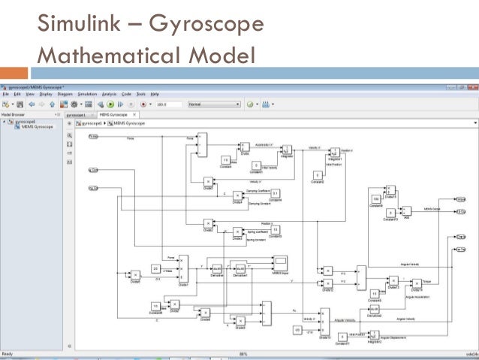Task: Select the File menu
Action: (5, 94)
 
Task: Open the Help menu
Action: (155, 94)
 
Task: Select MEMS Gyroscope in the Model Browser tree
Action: (37, 127)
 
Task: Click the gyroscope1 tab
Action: (77, 114)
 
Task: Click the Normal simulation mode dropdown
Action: (213, 104)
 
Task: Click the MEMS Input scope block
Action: (281, 261)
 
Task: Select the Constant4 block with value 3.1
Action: (275, 193)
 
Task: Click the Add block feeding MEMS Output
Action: (407, 210)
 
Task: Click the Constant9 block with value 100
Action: (375, 198)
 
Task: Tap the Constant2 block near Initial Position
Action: (317, 175)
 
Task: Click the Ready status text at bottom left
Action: (7, 353)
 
